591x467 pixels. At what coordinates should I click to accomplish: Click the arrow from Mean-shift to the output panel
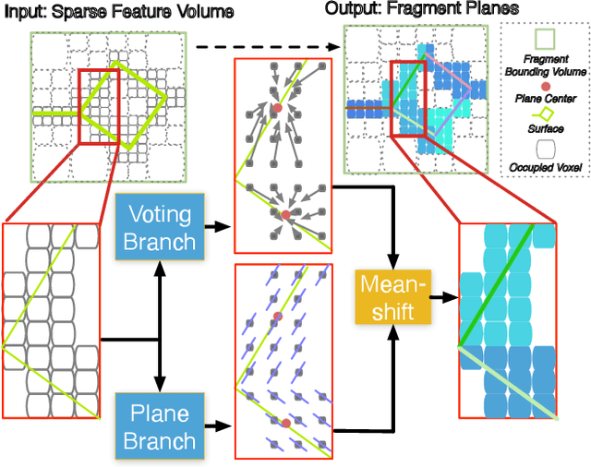pyautogui.click(x=445, y=298)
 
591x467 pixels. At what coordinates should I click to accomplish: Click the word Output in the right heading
pyautogui.click(x=350, y=8)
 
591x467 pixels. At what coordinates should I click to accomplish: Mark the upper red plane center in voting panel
pyautogui.click(x=277, y=109)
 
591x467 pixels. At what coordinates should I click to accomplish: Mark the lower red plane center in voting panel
pyautogui.click(x=285, y=214)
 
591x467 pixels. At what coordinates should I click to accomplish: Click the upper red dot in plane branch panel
pyautogui.click(x=276, y=317)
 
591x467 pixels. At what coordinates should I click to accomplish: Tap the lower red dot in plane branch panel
pyautogui.click(x=285, y=422)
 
